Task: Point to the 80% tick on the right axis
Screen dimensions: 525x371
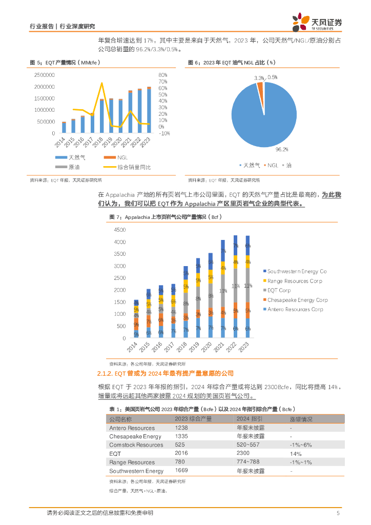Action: tap(162, 75)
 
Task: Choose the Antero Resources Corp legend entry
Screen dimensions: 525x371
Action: tap(295, 309)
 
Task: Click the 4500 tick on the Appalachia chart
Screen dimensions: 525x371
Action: tap(119, 230)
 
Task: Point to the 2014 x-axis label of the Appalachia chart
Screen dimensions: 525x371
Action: tap(135, 348)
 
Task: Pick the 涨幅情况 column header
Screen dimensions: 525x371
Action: tap(302, 418)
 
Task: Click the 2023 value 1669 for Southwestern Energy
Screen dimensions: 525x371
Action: tap(181, 470)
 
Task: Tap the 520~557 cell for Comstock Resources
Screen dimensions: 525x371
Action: tap(248, 445)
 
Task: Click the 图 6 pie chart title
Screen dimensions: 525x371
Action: tap(232, 63)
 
